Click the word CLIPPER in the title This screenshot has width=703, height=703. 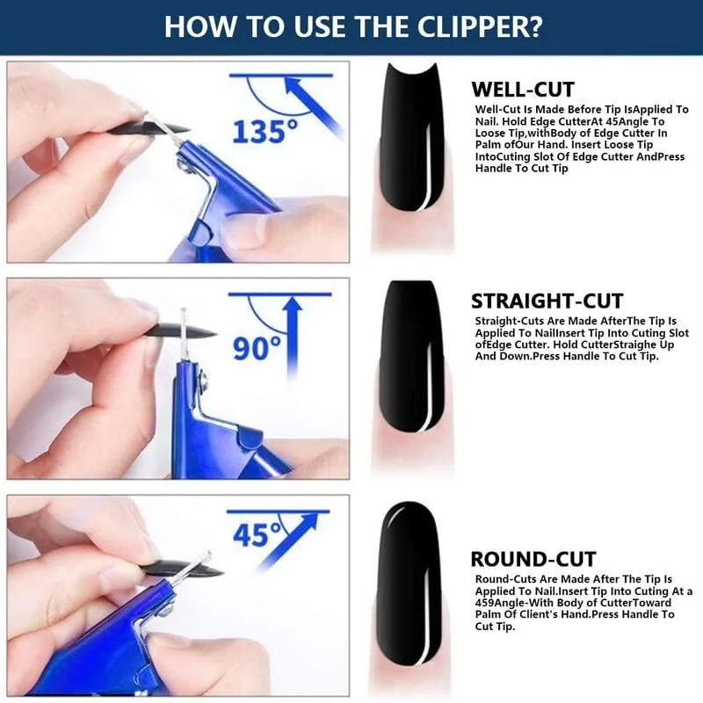pos(480,27)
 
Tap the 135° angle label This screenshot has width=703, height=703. pos(265,131)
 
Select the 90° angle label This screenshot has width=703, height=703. pos(257,348)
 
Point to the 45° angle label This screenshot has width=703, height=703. pos(257,534)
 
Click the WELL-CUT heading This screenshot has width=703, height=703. pos(523,90)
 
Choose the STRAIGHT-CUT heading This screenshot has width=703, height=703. pos(547,301)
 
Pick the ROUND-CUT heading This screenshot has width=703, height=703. pos(533,559)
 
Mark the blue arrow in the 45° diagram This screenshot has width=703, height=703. pos(287,541)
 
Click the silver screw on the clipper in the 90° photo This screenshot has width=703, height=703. pos(204,379)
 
